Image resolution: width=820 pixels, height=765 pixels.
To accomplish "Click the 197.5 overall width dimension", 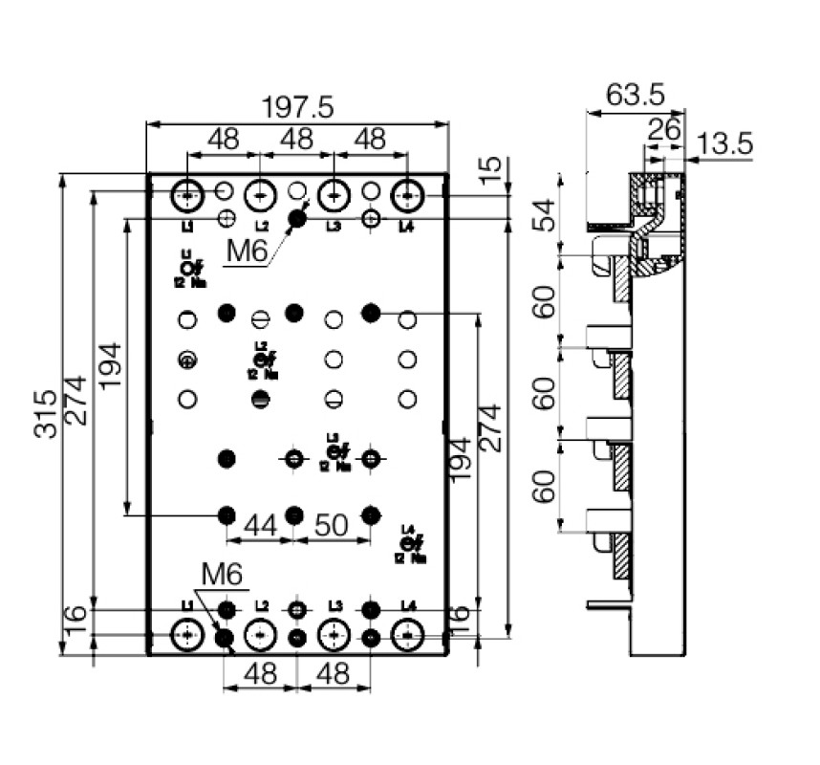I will tap(298, 108).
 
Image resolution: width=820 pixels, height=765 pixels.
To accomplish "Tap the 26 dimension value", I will tap(664, 128).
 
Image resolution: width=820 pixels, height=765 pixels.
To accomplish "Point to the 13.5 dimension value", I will tap(724, 144).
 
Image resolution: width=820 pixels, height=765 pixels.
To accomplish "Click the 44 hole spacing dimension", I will tap(261, 524).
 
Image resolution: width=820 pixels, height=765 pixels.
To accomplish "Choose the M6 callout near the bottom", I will tap(222, 575).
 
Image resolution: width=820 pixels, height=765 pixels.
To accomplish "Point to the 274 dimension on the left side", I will tap(76, 401).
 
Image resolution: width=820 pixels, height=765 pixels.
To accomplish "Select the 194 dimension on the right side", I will tap(460, 459).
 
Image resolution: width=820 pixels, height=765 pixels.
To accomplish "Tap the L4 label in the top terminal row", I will tap(407, 227).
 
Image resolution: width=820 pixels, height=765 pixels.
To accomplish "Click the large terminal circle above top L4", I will tap(407, 196).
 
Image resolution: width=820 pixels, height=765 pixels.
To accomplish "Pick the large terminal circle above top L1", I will tap(187, 196).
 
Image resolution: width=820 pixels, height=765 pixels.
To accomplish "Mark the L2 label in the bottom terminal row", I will tap(261, 606).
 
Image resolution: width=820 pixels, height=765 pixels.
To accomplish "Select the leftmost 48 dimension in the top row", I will tap(223, 140).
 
